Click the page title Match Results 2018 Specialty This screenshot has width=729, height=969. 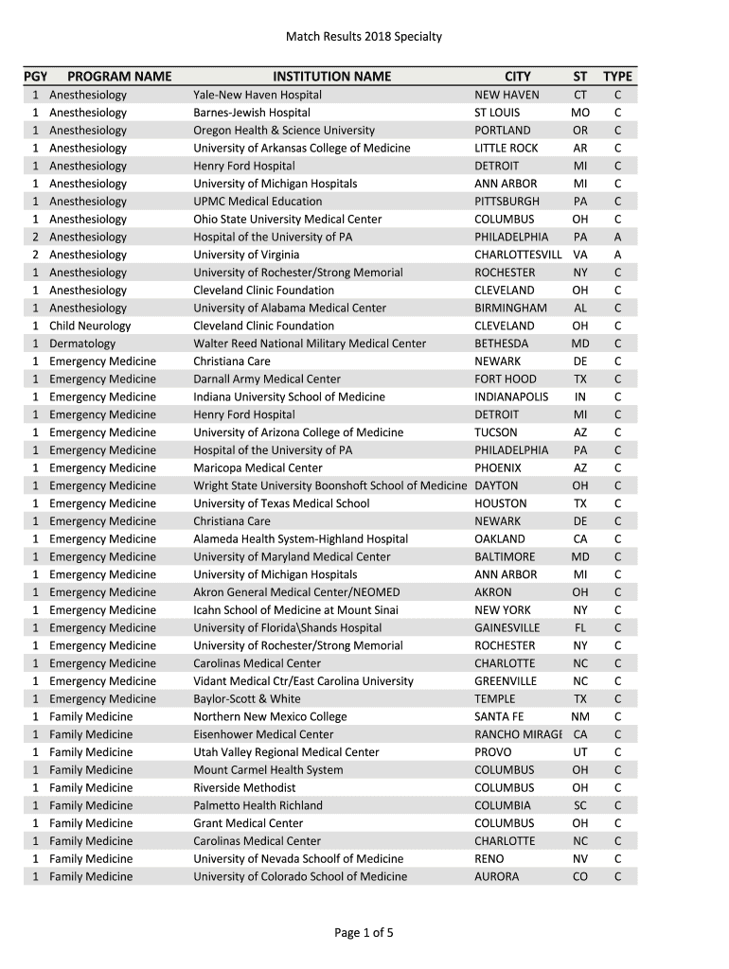(x=364, y=37)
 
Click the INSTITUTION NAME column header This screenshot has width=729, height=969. (x=331, y=77)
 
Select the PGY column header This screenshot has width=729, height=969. (x=36, y=77)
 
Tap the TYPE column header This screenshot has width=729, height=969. (x=617, y=77)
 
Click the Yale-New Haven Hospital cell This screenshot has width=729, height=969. (x=258, y=95)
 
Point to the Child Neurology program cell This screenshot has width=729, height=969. (x=90, y=326)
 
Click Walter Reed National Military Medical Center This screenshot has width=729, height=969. (x=310, y=344)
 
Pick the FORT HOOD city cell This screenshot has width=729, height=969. (x=506, y=379)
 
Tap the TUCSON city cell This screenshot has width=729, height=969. (x=496, y=432)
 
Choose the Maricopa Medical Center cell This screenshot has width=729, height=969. (x=258, y=467)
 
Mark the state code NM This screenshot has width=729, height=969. (x=580, y=717)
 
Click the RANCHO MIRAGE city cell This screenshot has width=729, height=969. (x=518, y=734)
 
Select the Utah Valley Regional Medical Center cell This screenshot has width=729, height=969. (x=286, y=752)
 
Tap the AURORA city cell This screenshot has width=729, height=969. (x=497, y=877)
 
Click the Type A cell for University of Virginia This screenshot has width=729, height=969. (x=617, y=255)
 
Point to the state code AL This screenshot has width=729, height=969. (x=580, y=308)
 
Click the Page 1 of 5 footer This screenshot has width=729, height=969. (x=364, y=933)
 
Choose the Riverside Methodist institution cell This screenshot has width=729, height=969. (x=244, y=788)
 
